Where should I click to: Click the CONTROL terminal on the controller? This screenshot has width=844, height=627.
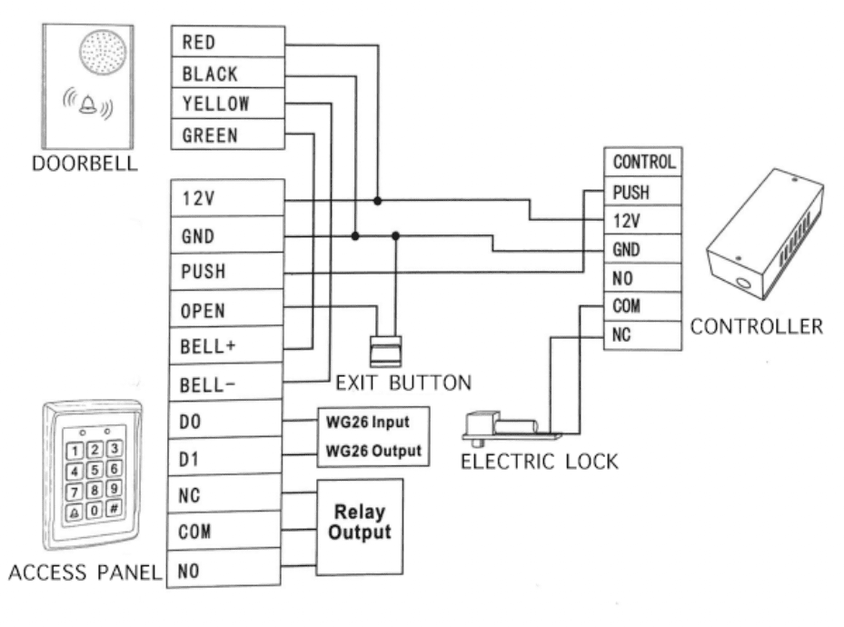pos(643,163)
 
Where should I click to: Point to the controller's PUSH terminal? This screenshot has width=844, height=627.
pos(643,192)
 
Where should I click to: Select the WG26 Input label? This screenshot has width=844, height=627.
pos(367,423)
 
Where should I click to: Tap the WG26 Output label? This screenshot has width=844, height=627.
pos(367,451)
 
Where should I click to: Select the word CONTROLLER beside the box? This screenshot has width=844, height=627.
pos(758,324)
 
